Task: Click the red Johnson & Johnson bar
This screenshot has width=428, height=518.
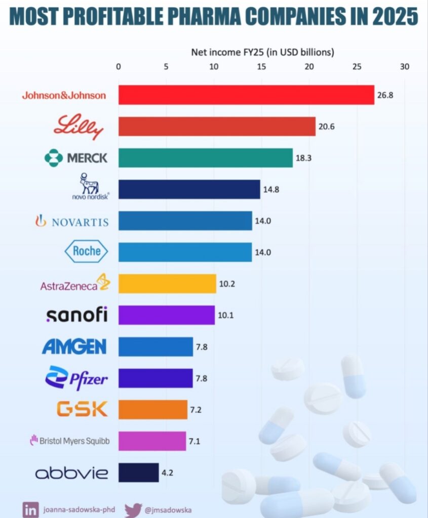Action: click(246, 95)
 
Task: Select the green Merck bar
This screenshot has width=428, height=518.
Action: click(205, 157)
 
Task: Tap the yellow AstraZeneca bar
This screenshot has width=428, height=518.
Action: click(167, 283)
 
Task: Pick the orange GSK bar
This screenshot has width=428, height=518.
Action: click(153, 409)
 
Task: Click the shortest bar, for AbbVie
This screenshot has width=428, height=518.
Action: click(138, 472)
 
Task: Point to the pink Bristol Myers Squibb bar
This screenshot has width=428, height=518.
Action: click(152, 441)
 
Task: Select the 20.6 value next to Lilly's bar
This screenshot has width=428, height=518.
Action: click(326, 126)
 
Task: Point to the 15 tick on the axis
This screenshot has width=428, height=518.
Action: click(261, 66)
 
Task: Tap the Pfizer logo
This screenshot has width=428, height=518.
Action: click(76, 378)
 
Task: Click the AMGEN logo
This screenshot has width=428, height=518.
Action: click(74, 347)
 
